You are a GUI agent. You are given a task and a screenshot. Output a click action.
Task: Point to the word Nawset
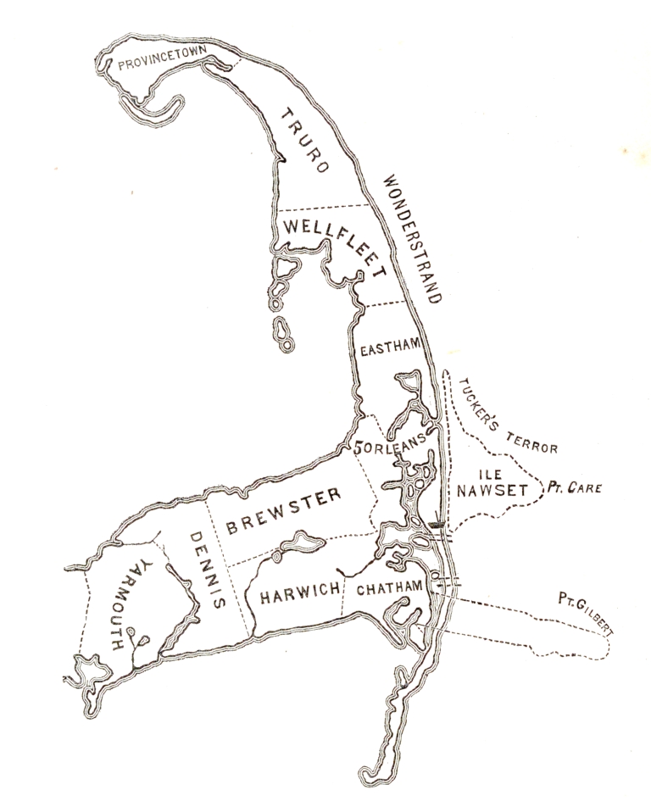tap(492, 490)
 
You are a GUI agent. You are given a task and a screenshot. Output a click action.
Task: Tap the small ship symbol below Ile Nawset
tap(438, 525)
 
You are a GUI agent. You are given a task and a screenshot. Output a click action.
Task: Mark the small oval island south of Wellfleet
tap(281, 326)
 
